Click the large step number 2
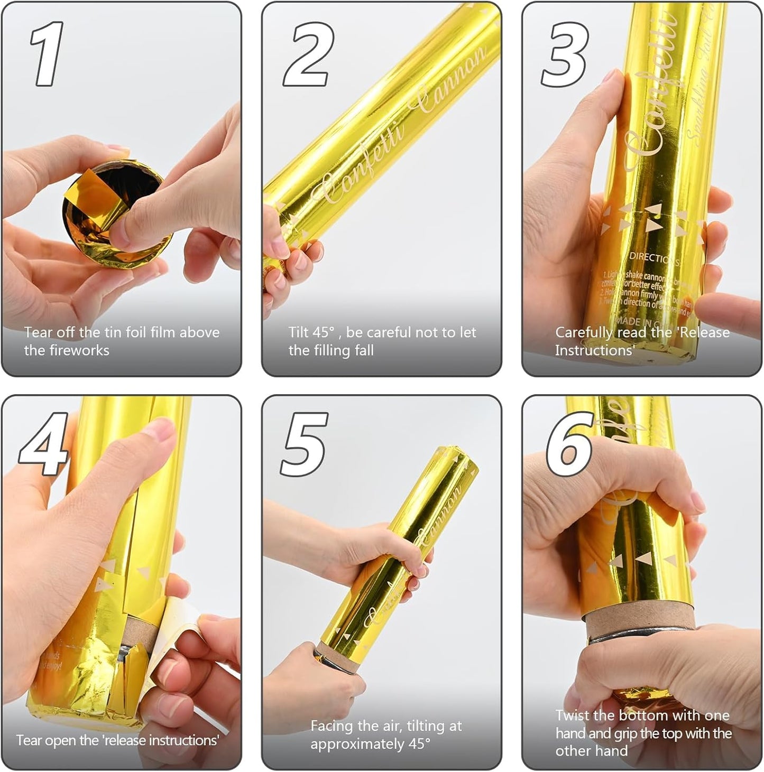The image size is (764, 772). [309, 55]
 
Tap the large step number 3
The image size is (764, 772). [564, 55]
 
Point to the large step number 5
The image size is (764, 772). [305, 444]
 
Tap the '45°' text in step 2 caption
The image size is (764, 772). [323, 332]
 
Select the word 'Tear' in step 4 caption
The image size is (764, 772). [27, 740]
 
